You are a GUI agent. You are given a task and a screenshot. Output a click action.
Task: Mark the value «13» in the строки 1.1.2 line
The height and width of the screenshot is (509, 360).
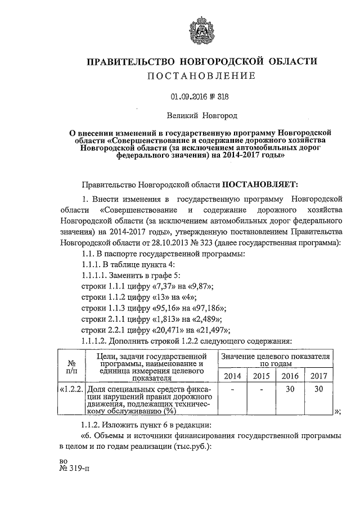coord(163,297)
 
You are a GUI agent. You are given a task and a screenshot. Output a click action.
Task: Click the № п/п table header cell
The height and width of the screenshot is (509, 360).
coord(71,367)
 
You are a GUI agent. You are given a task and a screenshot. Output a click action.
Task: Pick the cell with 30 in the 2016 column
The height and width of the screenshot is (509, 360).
coord(290,389)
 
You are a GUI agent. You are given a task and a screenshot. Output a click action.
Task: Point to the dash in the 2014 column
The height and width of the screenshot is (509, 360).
coord(232,389)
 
